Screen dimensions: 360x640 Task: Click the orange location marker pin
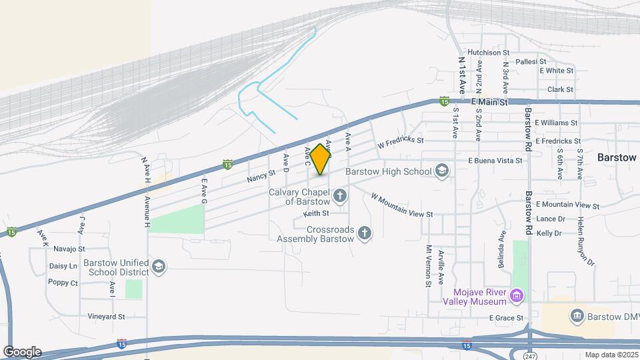point(321,159)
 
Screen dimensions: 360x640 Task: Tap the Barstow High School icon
point(441,171)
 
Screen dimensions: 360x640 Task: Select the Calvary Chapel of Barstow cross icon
point(340,196)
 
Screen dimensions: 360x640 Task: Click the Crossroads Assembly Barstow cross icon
point(364,233)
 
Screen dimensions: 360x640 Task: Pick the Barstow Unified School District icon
point(159,267)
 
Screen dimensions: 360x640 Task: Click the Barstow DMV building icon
point(577,315)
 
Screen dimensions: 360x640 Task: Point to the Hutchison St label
point(488,52)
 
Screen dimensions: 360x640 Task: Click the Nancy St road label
point(261,175)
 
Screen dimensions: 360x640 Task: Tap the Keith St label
point(316,213)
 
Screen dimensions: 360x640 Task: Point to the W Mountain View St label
point(402,206)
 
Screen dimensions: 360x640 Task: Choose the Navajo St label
point(69,249)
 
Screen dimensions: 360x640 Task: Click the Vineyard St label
point(106,317)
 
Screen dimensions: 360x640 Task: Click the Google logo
point(22,351)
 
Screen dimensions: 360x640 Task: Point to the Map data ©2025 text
point(611,355)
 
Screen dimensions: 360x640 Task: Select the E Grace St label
point(505,318)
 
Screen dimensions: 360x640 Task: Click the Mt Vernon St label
point(429,265)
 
